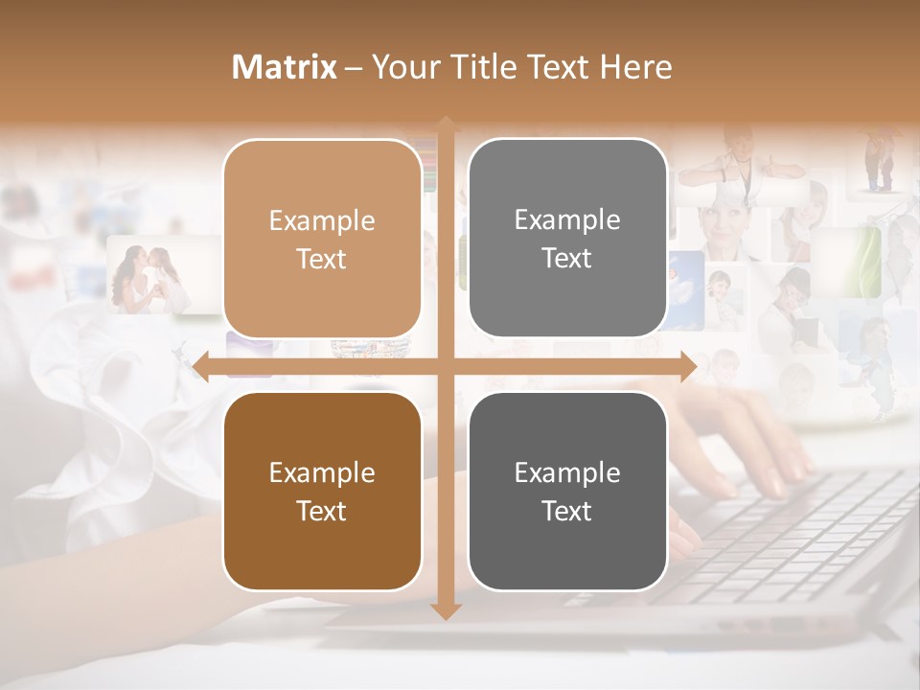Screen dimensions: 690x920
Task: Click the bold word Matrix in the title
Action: click(285, 67)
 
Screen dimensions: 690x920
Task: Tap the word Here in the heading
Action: click(636, 67)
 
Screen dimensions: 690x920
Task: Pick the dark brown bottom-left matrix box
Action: click(322, 546)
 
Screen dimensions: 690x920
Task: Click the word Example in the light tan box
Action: click(322, 221)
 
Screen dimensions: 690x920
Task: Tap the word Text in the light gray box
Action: click(567, 259)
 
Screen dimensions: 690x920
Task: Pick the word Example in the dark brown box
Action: click(322, 473)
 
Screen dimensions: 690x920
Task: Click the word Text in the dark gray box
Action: click(567, 512)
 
